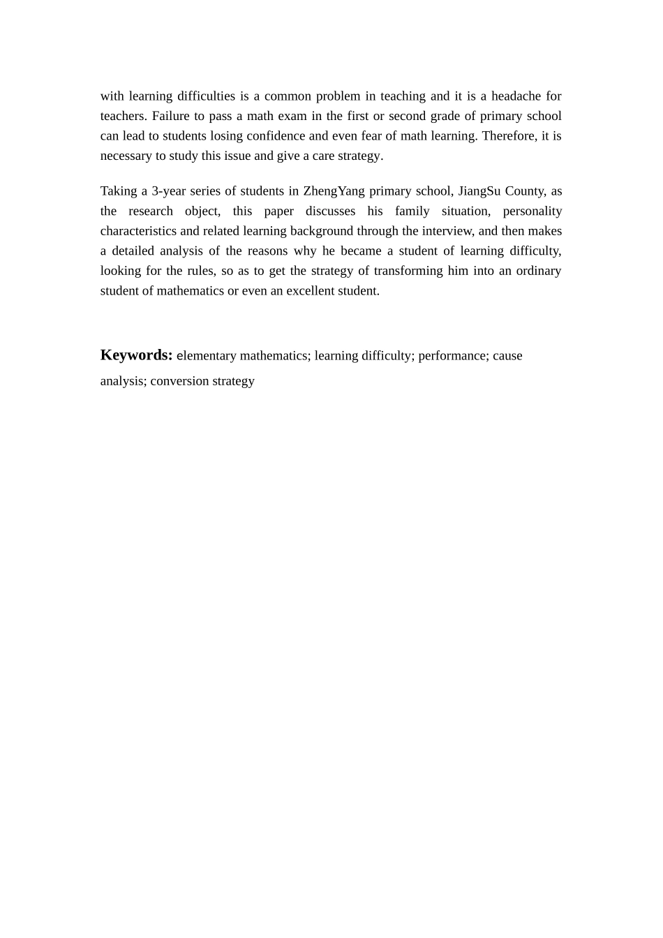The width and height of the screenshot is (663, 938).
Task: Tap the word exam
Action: pyautogui.click(x=292, y=116)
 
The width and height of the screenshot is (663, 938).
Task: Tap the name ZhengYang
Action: pyautogui.click(x=334, y=191)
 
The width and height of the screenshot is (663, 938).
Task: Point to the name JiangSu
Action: pyautogui.click(x=479, y=191)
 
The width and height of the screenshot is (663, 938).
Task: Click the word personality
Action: pyautogui.click(x=532, y=211)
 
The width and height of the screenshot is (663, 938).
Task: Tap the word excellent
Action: pyautogui.click(x=312, y=291)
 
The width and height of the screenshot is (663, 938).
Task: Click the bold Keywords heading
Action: pyautogui.click(x=136, y=355)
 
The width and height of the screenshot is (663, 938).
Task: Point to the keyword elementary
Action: pyautogui.click(x=207, y=356)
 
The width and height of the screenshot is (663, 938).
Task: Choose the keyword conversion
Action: pyautogui.click(x=179, y=381)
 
